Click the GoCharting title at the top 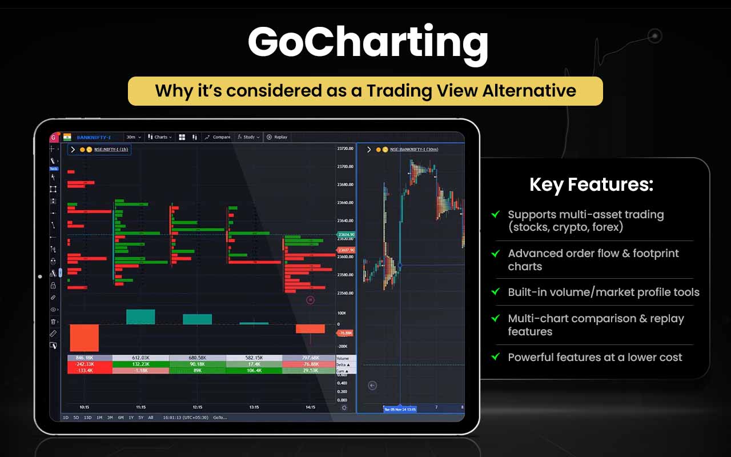pyautogui.click(x=368, y=42)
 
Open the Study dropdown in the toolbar pyautogui.click(x=248, y=137)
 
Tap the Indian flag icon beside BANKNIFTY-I pyautogui.click(x=67, y=137)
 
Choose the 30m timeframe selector pyautogui.click(x=132, y=137)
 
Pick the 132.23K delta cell pyautogui.click(x=140, y=364)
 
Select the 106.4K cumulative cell pyautogui.click(x=254, y=370)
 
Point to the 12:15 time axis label pyautogui.click(x=198, y=407)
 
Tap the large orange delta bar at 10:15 pyautogui.click(x=84, y=338)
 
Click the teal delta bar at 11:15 pyautogui.click(x=140, y=317)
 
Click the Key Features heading pyautogui.click(x=591, y=185)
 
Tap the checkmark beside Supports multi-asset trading pyautogui.click(x=495, y=215)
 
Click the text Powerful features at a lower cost pyautogui.click(x=595, y=357)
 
